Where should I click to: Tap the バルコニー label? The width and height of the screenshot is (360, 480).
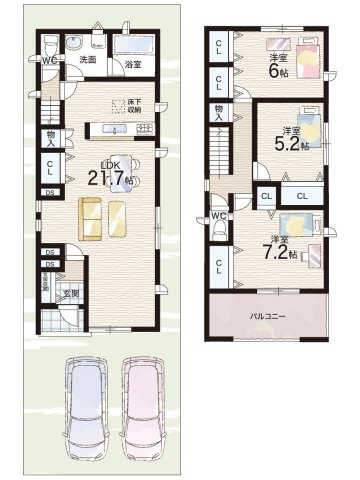tap(270, 319)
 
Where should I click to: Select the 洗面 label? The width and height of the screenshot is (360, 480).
tap(88, 60)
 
